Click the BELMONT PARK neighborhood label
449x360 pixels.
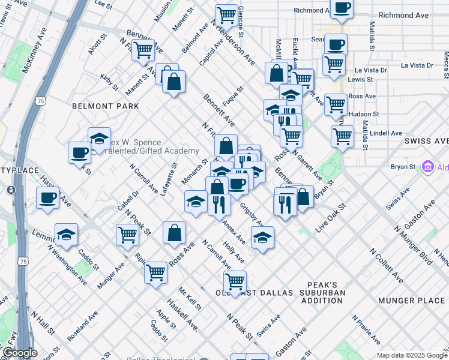pos(105,106)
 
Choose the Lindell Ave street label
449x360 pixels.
pos(385,133)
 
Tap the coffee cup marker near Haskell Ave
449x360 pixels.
pos(47,197)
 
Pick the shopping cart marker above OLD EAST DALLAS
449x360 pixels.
pos(235,281)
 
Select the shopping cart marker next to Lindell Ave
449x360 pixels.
pos(342,136)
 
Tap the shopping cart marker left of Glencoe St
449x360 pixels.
pos(226,14)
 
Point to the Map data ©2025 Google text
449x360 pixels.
pos(412,355)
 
